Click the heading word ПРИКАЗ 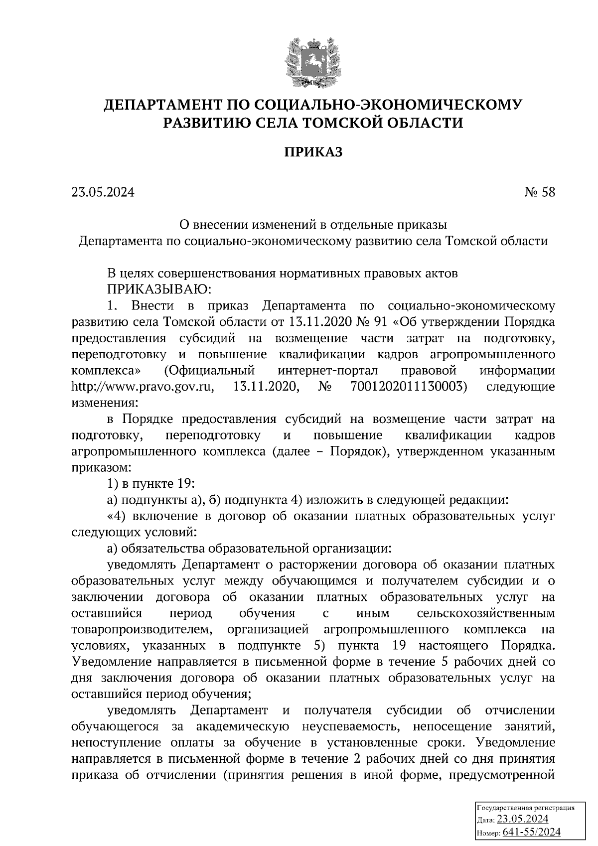[x=313, y=152]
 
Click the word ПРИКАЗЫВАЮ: [x=156, y=289]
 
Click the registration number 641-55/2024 [x=532, y=832]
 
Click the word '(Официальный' [x=209, y=371]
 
